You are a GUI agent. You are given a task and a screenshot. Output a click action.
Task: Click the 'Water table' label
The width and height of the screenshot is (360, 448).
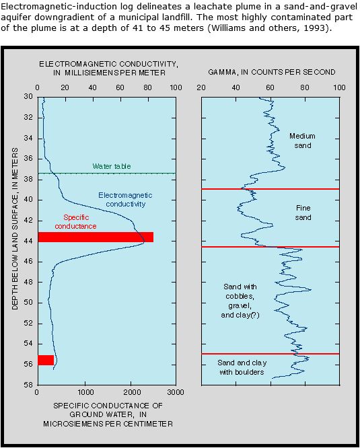tap(112, 166)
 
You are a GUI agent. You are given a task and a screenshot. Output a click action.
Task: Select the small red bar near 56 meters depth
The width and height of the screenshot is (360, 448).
tap(46, 360)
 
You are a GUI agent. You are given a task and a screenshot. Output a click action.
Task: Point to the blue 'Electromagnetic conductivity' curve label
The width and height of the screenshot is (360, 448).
tap(126, 199)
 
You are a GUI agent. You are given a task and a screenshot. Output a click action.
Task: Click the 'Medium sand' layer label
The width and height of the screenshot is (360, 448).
tap(302, 141)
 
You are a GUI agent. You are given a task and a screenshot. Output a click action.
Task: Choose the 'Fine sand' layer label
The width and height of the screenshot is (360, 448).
tap(303, 213)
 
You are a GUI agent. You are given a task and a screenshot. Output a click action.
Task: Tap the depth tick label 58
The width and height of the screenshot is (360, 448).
tap(28, 385)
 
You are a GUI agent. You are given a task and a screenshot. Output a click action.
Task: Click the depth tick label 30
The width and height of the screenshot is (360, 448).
tap(28, 97)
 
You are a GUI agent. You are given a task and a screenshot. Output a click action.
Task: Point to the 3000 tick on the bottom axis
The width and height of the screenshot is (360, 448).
tap(176, 392)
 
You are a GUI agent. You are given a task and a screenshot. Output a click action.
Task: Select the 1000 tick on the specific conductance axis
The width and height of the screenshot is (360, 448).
tap(85, 392)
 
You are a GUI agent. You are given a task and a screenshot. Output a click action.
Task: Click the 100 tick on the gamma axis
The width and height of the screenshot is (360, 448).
tap(338, 88)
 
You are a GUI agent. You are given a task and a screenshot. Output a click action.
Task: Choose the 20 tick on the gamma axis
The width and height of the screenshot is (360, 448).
tap(201, 88)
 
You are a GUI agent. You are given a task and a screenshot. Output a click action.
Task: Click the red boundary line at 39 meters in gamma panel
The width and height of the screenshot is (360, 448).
tap(270, 189)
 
